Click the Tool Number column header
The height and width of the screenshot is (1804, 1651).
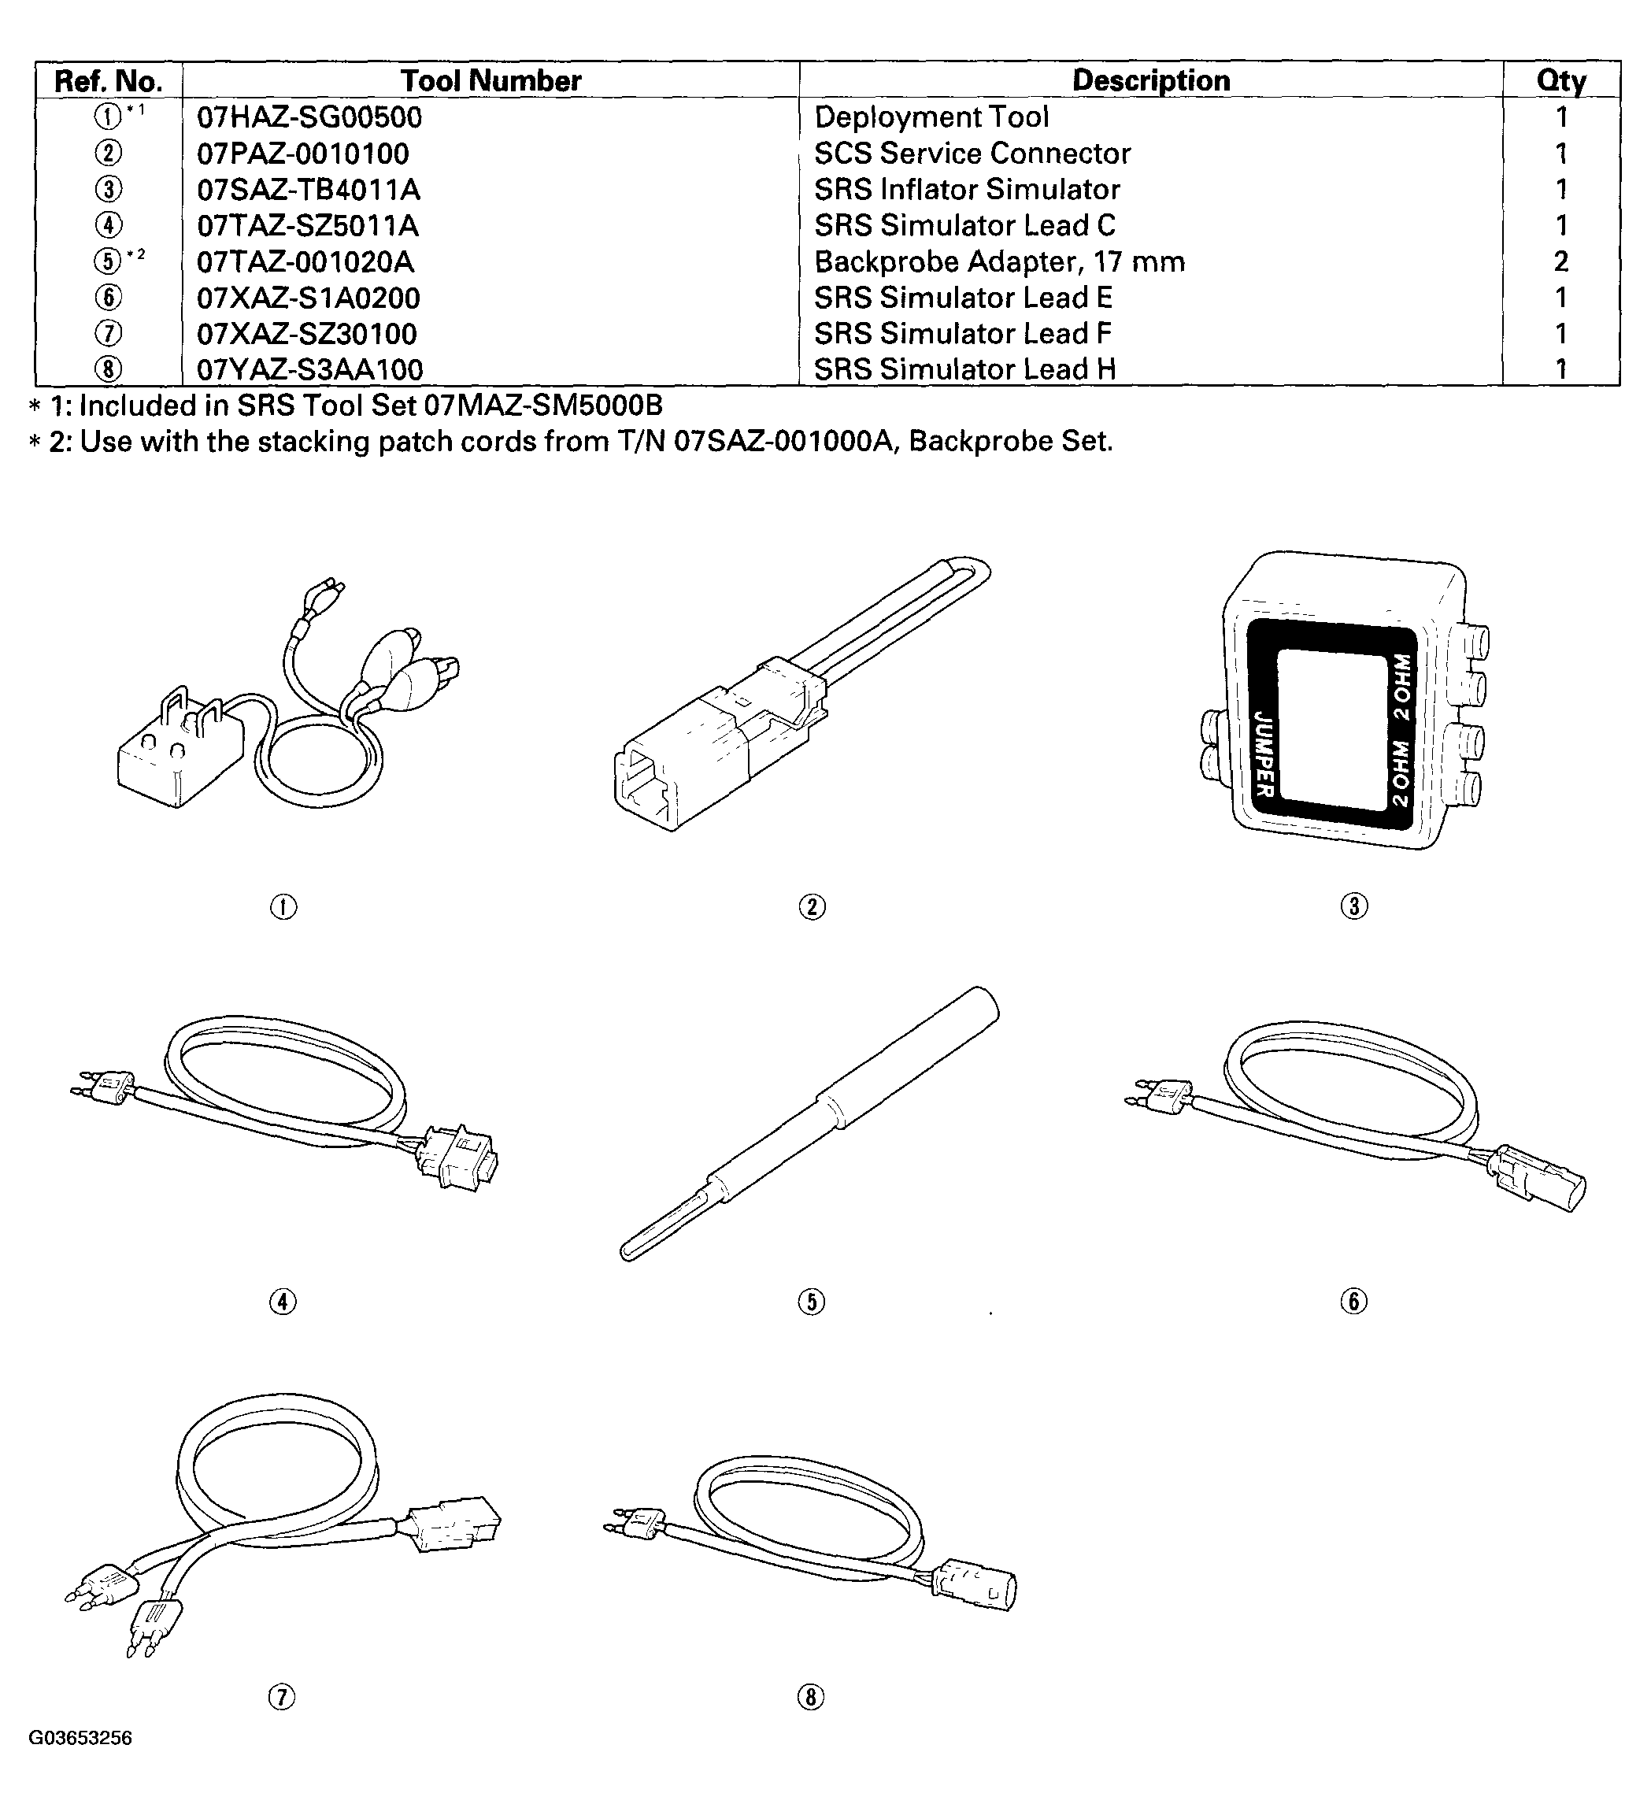tap(490, 80)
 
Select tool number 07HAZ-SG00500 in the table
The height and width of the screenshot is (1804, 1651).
tap(309, 117)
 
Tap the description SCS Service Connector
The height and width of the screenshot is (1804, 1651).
tap(972, 154)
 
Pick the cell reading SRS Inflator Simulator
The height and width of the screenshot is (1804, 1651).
tap(967, 190)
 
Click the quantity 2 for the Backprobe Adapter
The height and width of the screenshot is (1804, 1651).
tap(1560, 261)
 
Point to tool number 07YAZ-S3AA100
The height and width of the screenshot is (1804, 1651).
tap(309, 369)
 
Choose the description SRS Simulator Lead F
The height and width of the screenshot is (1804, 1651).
tap(963, 334)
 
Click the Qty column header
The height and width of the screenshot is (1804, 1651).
tap(1561, 80)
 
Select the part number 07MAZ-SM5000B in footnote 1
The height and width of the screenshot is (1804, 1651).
tap(543, 406)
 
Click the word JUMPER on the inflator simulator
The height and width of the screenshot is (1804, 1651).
tap(1264, 754)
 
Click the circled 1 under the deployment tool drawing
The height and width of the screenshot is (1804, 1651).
tap(283, 906)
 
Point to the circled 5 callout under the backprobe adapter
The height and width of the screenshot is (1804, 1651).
tap(811, 1301)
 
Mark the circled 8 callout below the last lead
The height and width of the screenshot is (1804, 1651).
tap(811, 1697)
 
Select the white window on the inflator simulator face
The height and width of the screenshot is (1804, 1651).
tap(1329, 724)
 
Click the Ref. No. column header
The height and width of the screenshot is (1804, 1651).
tap(109, 81)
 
